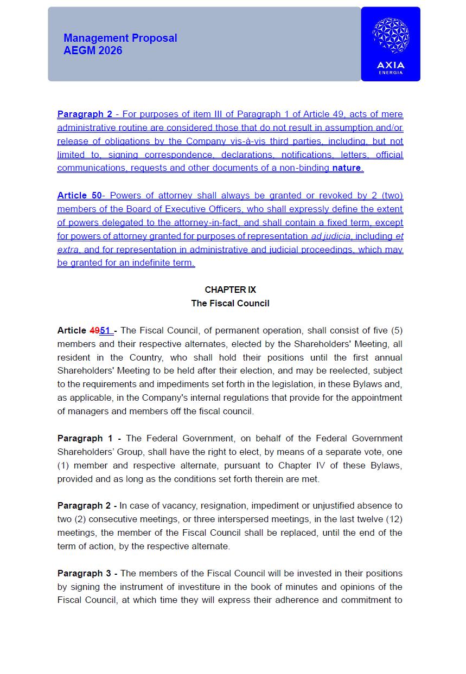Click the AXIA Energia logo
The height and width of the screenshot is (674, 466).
point(391,44)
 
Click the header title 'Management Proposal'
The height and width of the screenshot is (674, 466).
point(120,38)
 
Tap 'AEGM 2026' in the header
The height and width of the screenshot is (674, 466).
point(93,50)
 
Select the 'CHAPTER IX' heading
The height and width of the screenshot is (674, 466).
point(230,290)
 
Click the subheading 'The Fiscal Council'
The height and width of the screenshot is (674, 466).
point(230,303)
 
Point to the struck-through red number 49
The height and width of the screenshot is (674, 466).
point(94,330)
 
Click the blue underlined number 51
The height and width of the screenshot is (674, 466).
point(105,330)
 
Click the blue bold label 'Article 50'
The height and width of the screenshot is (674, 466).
point(79,195)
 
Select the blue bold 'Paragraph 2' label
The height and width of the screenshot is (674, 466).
point(85,114)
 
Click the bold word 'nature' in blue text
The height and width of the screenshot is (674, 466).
point(346,168)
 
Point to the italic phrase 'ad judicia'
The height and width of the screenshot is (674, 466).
point(331,236)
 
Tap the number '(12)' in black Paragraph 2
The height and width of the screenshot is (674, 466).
point(394,519)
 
